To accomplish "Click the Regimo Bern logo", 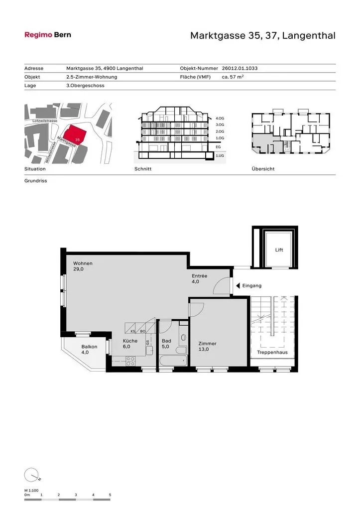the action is (x=48, y=35).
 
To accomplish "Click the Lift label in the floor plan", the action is (x=279, y=250).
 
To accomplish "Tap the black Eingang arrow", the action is (x=238, y=285).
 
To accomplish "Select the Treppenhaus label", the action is (x=272, y=352).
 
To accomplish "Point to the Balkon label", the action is (x=89, y=347).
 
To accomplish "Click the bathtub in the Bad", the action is (x=173, y=361).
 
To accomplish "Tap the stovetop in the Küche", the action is (x=130, y=361).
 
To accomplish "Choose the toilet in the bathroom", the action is (x=183, y=339).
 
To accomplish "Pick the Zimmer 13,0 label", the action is (x=207, y=347).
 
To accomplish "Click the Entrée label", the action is (x=199, y=276).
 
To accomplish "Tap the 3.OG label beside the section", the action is (x=220, y=125).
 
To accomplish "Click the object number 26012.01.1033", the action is (x=240, y=68).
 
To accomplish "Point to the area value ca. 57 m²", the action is (x=233, y=77).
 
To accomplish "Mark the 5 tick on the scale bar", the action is (x=110, y=495).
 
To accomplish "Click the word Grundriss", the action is (x=36, y=181).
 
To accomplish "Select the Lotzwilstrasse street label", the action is (x=45, y=121).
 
